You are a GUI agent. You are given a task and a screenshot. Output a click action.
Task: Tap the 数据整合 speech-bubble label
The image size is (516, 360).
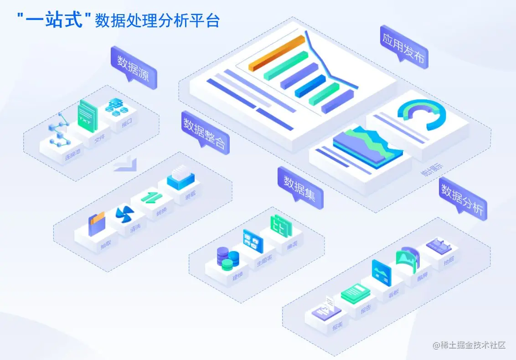205,130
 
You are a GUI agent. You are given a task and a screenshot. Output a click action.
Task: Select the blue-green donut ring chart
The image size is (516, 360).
422,113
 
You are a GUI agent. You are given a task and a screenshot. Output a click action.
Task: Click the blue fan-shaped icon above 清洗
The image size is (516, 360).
124,215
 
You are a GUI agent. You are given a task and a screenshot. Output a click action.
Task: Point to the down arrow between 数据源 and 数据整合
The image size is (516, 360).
125,165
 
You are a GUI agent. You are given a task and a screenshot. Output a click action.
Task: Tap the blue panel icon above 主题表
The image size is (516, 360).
253,241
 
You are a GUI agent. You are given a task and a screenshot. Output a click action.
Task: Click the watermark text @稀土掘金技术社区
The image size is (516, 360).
469,345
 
